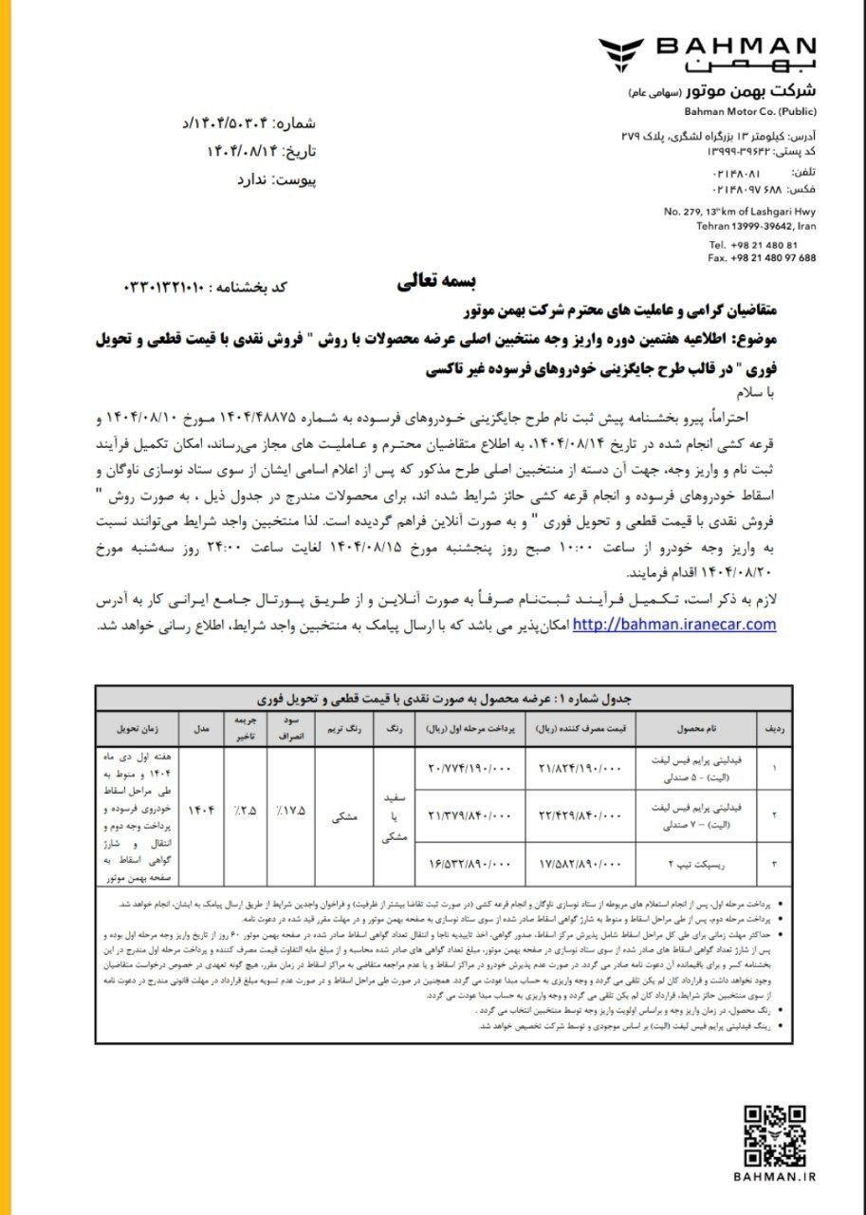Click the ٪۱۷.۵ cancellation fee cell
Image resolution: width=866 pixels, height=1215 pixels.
tap(291, 813)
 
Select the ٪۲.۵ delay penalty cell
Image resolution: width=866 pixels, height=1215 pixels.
tap(247, 813)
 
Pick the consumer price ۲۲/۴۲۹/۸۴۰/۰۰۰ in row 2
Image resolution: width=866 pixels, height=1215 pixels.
tap(578, 814)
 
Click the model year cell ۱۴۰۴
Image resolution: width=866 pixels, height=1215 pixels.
tap(202, 813)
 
